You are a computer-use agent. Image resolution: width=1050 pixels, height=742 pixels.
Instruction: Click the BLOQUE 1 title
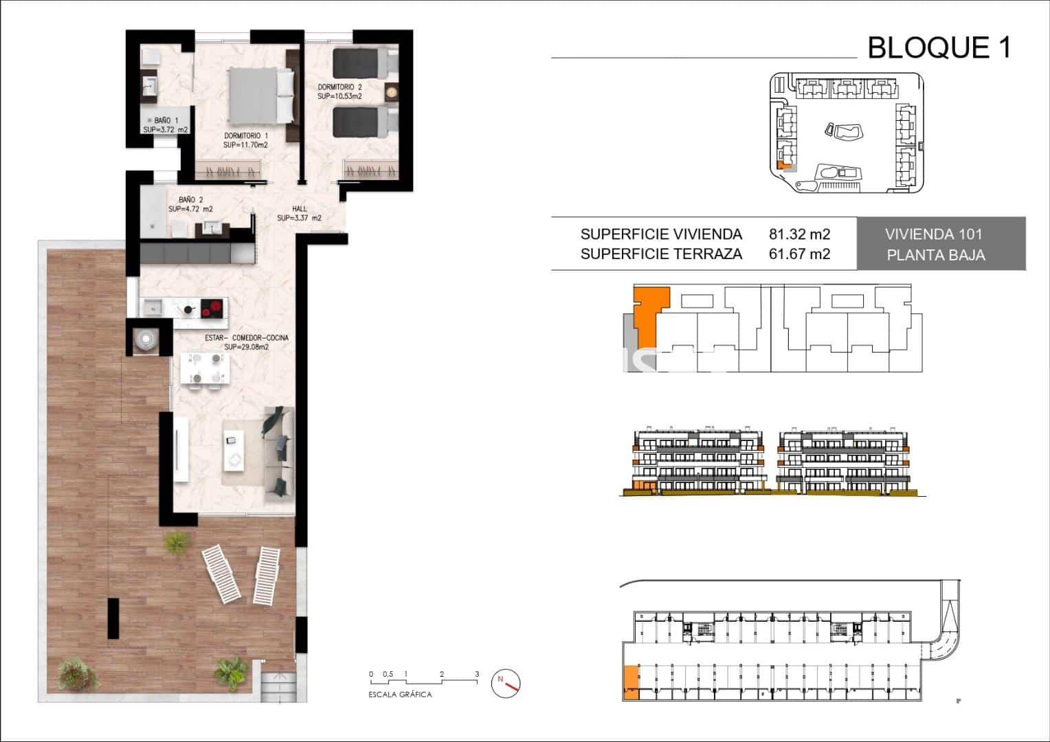click(x=939, y=48)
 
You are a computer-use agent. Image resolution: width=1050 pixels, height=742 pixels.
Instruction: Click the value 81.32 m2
click(x=799, y=234)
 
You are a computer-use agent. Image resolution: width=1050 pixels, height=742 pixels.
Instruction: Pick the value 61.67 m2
click(x=799, y=254)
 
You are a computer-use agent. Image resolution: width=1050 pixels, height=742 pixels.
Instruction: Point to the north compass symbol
click(x=506, y=683)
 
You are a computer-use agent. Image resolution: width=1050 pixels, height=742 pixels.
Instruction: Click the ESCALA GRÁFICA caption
click(x=400, y=695)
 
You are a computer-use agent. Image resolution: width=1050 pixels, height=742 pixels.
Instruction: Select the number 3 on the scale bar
click(x=476, y=675)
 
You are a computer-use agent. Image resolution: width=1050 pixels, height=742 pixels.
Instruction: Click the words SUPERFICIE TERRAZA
click(x=661, y=254)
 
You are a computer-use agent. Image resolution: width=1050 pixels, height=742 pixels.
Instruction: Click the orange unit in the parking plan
click(x=630, y=684)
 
